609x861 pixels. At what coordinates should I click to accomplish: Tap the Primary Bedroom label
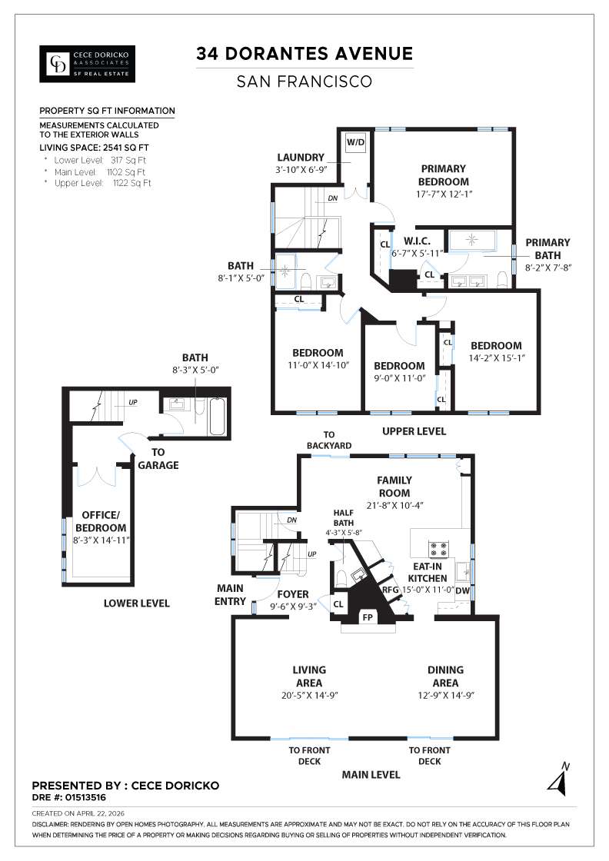(x=443, y=175)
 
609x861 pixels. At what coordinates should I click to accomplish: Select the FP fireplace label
(x=368, y=617)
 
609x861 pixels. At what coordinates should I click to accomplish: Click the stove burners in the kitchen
(x=438, y=549)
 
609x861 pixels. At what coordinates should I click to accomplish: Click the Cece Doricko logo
(x=88, y=64)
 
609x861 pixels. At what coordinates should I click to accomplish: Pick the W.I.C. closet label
(x=417, y=241)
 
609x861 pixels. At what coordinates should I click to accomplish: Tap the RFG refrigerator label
(x=391, y=589)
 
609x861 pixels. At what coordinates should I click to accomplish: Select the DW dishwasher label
(x=462, y=591)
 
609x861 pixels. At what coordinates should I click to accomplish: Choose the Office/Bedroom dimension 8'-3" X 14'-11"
(x=101, y=540)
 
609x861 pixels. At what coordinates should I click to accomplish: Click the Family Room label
(x=394, y=487)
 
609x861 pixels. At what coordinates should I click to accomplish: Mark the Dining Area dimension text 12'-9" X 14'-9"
(x=445, y=695)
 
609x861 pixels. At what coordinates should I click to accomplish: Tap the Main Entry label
(x=230, y=595)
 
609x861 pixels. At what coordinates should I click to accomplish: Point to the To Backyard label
(x=329, y=440)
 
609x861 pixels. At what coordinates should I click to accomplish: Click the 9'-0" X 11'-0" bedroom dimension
(x=399, y=377)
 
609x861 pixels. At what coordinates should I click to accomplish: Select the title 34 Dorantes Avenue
(x=304, y=53)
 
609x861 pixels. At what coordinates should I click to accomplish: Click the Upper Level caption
(x=414, y=431)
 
